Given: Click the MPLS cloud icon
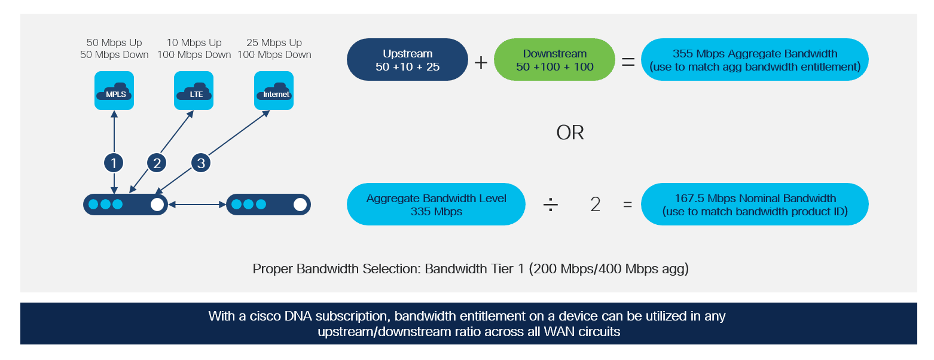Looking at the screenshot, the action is pos(114,90).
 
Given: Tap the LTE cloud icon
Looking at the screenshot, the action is pos(194,90).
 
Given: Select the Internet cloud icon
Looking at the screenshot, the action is pos(273,90).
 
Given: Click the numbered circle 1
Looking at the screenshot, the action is pos(114,163).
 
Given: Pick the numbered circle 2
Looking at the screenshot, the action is pos(157,163).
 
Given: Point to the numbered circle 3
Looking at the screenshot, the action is pos(201,163).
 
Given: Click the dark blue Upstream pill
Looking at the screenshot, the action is pos(407,60).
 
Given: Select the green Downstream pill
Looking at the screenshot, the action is pos(554,60).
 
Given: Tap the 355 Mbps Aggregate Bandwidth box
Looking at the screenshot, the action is pos(755,60).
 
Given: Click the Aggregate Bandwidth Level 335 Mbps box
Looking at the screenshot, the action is pos(436,205).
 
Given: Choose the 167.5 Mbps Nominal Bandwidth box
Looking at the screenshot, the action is pos(755,205).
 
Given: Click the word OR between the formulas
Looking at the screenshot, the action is pos(570,133).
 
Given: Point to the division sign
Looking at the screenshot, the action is pos(550,205).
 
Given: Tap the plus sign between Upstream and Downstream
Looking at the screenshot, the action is pos(481,63).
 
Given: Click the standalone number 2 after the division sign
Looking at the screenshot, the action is pos(596,205).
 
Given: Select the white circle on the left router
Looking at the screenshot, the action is pos(157,205).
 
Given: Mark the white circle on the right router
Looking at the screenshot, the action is pos(300,205).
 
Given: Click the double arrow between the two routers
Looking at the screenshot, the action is pos(197,205).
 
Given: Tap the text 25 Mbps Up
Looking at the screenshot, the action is pos(274,42).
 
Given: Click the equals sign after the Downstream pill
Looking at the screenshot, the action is pos(628,63).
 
